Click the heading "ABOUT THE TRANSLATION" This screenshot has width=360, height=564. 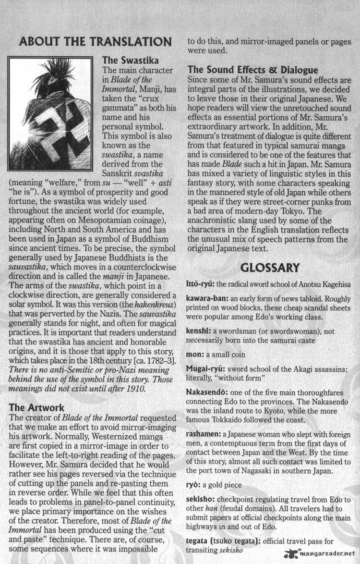click(95, 42)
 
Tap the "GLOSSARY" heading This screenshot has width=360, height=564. click(270, 268)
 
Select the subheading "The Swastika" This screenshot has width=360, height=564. click(126, 61)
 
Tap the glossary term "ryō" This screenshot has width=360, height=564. click(193, 485)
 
